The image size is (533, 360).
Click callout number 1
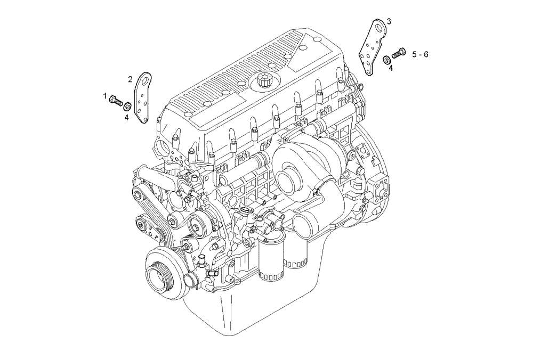click(105, 96)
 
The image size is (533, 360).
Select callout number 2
click(130, 79)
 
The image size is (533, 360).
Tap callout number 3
click(389, 21)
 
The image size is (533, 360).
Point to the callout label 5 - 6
click(419, 54)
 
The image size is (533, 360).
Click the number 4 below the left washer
click(127, 117)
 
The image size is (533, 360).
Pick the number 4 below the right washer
click(391, 68)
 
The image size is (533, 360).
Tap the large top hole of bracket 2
click(144, 80)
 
